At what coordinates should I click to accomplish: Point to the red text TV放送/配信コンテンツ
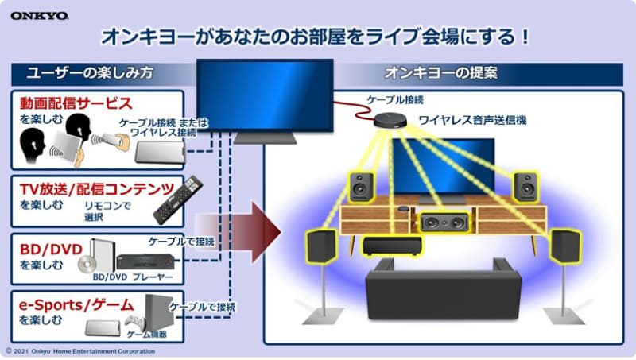point(97,188)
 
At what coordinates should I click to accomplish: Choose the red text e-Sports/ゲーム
point(76,305)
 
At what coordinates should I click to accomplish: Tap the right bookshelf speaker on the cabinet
point(525,186)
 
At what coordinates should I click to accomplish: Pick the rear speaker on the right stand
point(565,246)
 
